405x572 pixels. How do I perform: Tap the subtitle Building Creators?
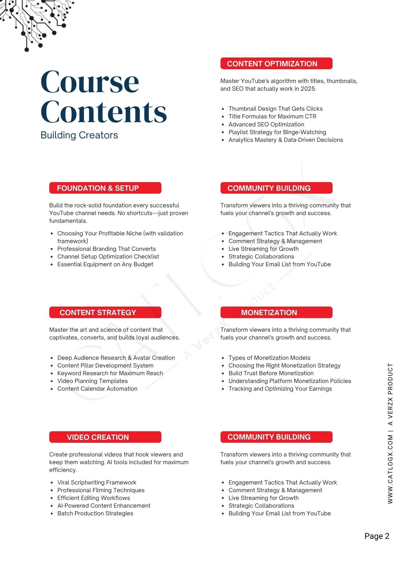tap(79, 135)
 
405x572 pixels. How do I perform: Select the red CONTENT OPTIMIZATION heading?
tap(276, 63)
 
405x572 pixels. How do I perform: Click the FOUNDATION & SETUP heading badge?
tap(105, 188)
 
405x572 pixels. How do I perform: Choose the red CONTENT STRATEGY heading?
tap(105, 312)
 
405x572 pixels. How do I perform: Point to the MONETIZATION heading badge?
tap(276, 312)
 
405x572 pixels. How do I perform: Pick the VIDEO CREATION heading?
tap(105, 437)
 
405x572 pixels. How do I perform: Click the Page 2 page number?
tap(377, 536)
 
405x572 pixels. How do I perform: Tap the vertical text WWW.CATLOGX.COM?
tap(390, 469)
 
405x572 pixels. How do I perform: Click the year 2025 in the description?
tap(308, 89)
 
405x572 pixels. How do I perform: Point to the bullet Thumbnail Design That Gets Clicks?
tap(275, 109)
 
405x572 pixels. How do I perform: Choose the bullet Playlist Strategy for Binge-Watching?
tap(277, 132)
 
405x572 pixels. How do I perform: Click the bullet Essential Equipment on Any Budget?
tap(105, 264)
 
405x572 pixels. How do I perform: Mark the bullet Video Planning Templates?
tap(93, 381)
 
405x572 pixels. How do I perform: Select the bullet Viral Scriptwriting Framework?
tap(97, 482)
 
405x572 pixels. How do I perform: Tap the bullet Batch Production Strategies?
tap(95, 513)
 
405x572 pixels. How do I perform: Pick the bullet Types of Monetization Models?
tap(269, 358)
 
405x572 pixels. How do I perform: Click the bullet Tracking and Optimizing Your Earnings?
tap(280, 389)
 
